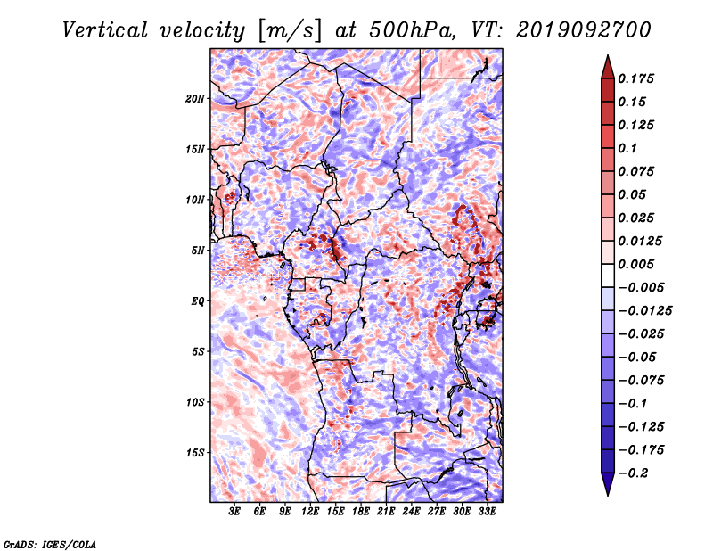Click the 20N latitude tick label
(195, 98)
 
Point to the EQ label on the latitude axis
(198, 301)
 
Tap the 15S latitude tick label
(195, 453)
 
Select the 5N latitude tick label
(198, 251)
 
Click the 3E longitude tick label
(234, 511)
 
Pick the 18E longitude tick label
(361, 511)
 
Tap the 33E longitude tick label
(487, 511)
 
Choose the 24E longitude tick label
(411, 511)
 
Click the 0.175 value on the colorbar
(635, 78)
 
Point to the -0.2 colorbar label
(633, 473)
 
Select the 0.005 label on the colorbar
(635, 264)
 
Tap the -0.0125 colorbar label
(644, 311)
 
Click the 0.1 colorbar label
(627, 148)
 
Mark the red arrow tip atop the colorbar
(608, 55)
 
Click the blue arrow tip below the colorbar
(608, 495)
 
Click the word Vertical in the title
(105, 30)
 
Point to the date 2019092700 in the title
(584, 30)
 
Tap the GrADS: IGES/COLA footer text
(50, 544)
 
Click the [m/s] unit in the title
(290, 30)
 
